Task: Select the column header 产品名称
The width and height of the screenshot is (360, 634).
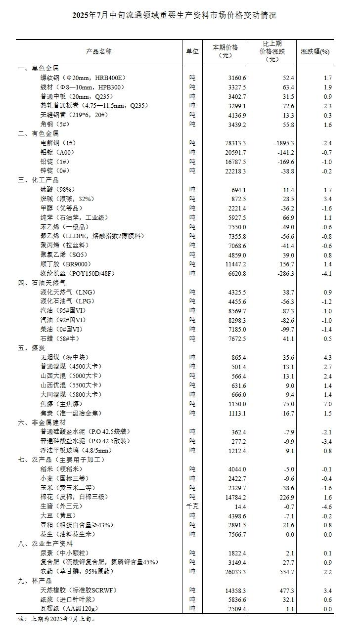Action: pos(99,51)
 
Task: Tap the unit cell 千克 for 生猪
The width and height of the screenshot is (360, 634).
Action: pos(192,507)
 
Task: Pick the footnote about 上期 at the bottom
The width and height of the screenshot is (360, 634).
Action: pos(57,619)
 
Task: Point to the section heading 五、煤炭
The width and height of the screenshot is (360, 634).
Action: pos(32,347)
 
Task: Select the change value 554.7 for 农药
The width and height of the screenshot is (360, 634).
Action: pos(285,572)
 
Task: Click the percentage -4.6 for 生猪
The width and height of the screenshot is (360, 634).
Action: pos(324,507)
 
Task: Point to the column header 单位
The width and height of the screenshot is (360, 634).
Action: pos(192,51)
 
